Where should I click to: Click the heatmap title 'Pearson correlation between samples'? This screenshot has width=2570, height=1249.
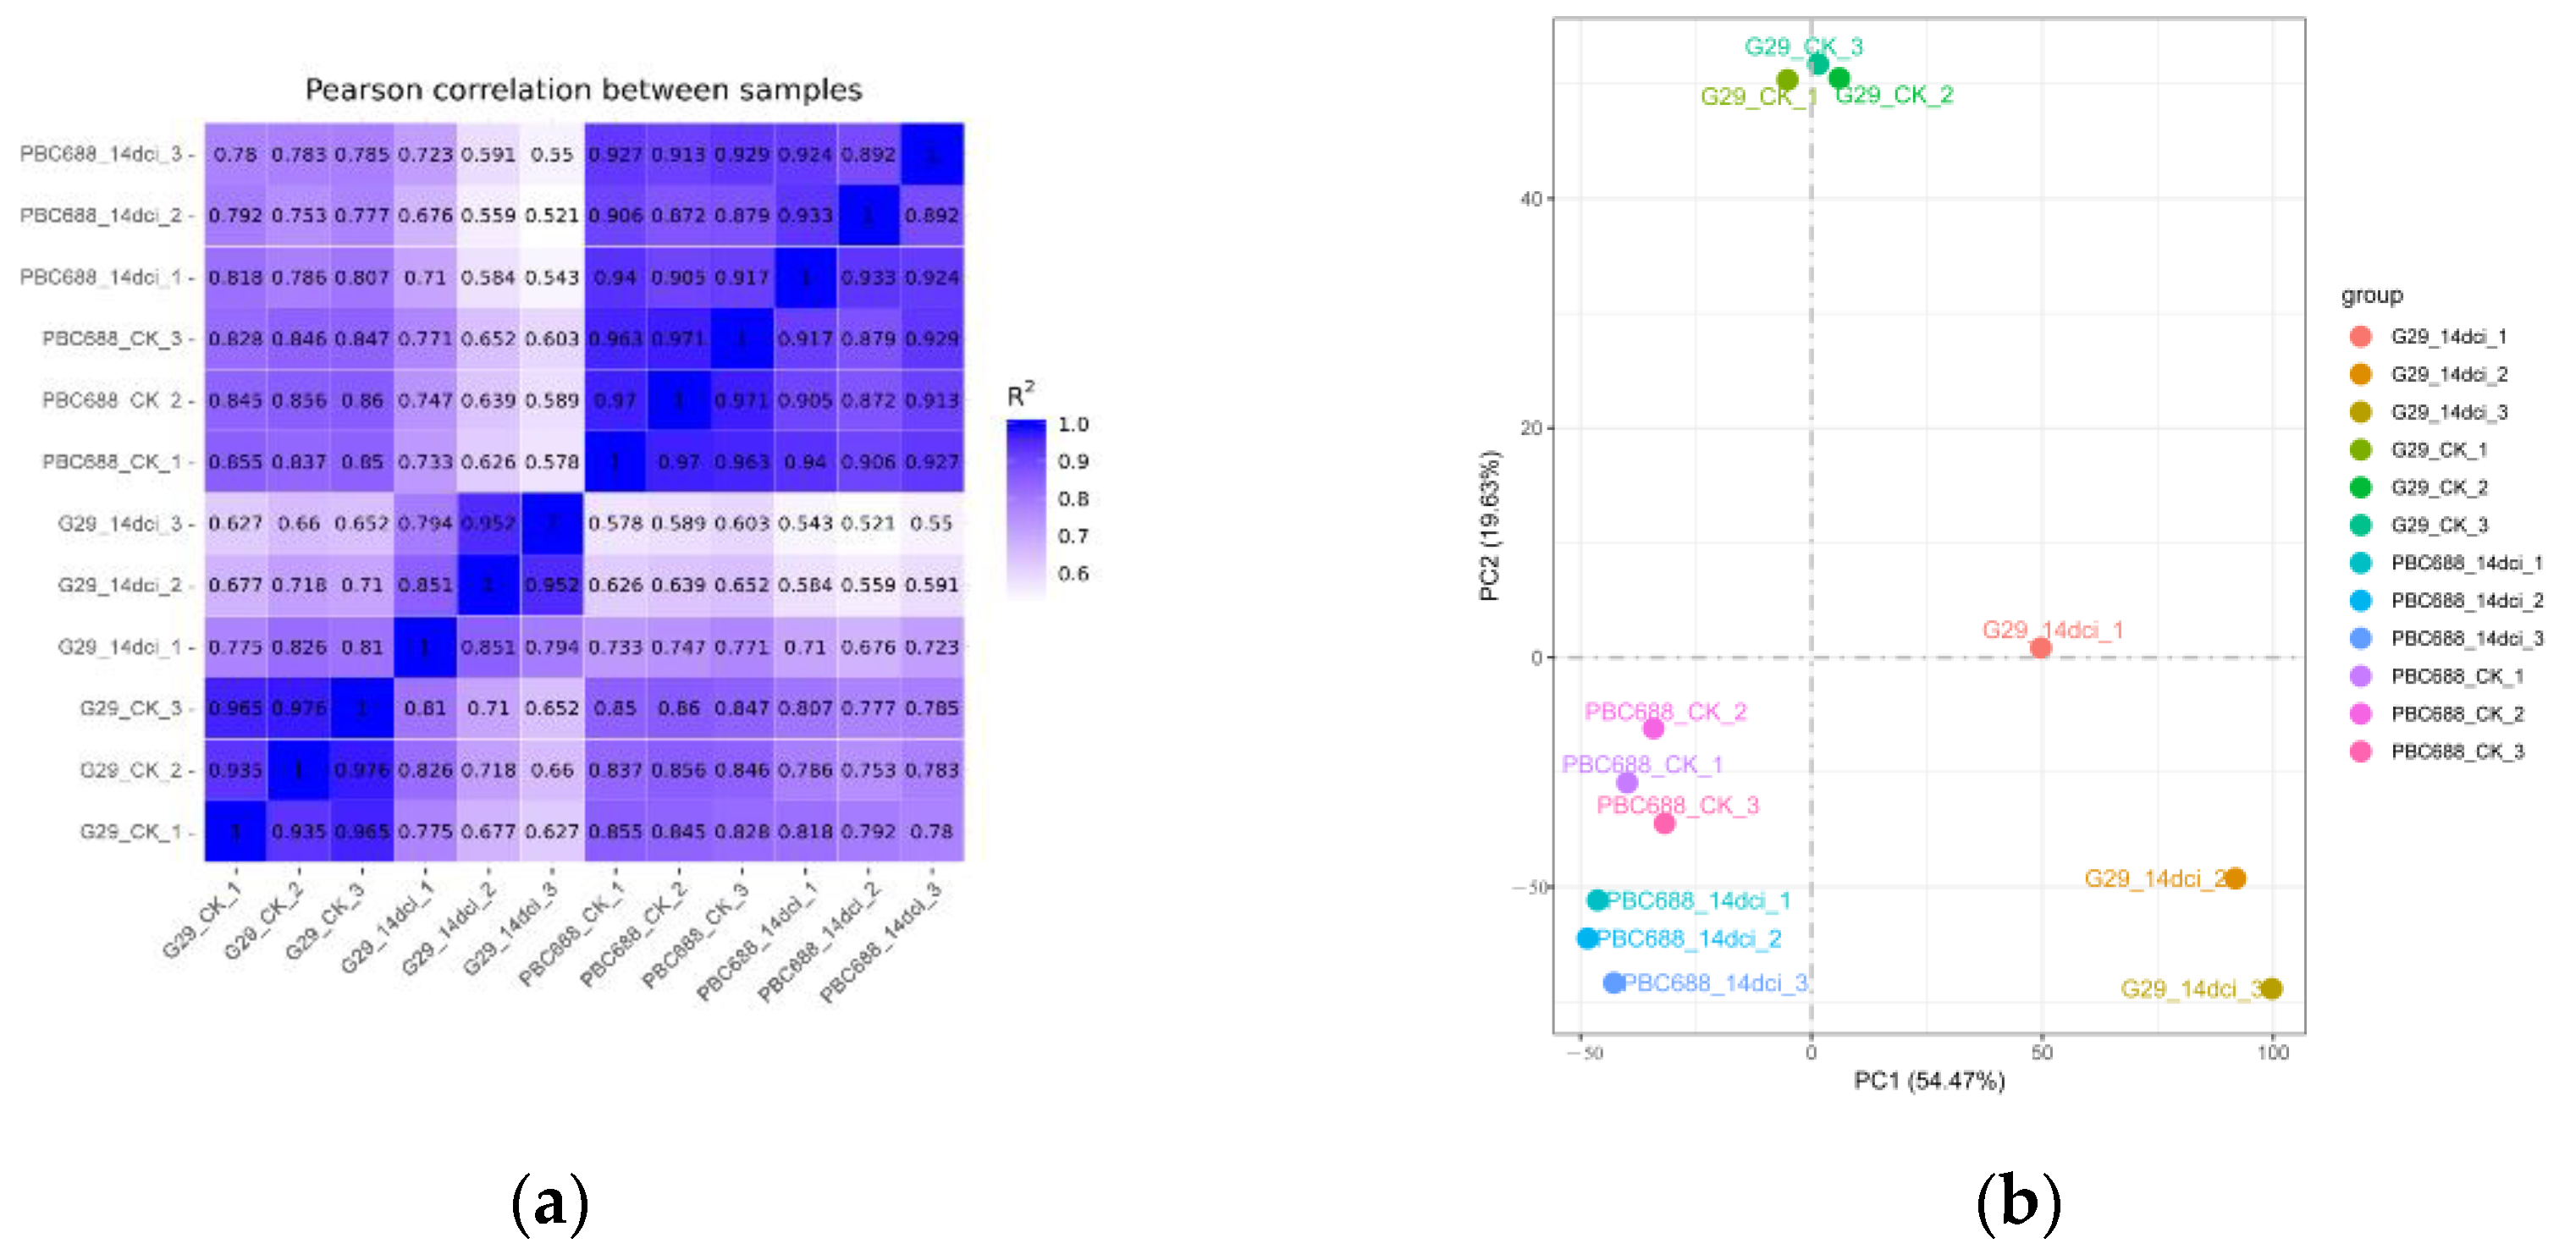[x=583, y=90]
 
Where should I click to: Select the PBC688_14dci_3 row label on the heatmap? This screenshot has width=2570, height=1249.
[x=101, y=154]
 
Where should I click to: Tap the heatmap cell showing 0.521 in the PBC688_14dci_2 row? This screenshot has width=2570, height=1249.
[x=552, y=216]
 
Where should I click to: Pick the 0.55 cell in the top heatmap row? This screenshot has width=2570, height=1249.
[x=552, y=155]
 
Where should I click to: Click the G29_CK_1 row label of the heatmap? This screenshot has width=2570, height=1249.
[x=130, y=831]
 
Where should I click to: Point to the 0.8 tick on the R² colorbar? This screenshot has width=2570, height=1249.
[x=1073, y=498]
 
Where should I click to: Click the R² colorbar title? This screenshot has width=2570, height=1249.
[x=1019, y=395]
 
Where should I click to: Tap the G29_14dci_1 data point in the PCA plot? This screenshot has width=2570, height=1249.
[x=2040, y=647]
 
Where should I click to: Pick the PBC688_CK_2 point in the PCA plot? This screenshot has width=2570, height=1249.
[x=1653, y=729]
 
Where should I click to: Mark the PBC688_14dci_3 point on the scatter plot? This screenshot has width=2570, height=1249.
[x=1613, y=982]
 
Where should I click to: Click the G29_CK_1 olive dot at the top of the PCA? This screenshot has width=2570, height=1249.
[x=1787, y=80]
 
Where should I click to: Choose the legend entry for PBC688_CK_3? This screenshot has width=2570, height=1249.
[x=2457, y=751]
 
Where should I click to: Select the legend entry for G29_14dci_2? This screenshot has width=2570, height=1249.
[x=2448, y=374]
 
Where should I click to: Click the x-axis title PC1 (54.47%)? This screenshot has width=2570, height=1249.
[x=1928, y=1081]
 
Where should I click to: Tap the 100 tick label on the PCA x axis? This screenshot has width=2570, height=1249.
[x=2273, y=1053]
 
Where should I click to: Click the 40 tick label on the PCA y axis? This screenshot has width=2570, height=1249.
[x=1530, y=199]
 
